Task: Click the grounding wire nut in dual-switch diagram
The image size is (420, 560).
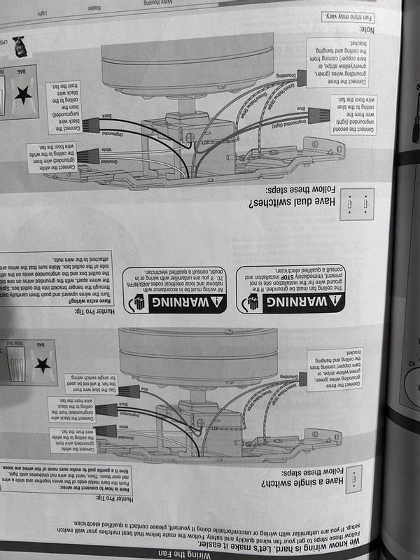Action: [301, 78]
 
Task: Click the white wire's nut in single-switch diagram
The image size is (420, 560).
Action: [104, 430]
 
